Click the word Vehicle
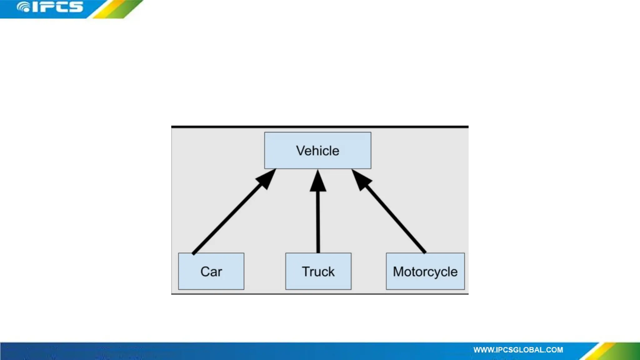pyautogui.click(x=317, y=151)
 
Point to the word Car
pyautogui.click(x=211, y=271)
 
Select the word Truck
pyautogui.click(x=318, y=271)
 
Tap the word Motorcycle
pyautogui.click(x=425, y=271)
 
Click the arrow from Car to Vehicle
pyautogui.click(x=228, y=219)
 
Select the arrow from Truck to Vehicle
pyautogui.click(x=318, y=222)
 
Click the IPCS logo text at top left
pyautogui.click(x=58, y=7)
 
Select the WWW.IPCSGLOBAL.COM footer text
pyautogui.click(x=518, y=350)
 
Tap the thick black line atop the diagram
pyautogui.click(x=320, y=127)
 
